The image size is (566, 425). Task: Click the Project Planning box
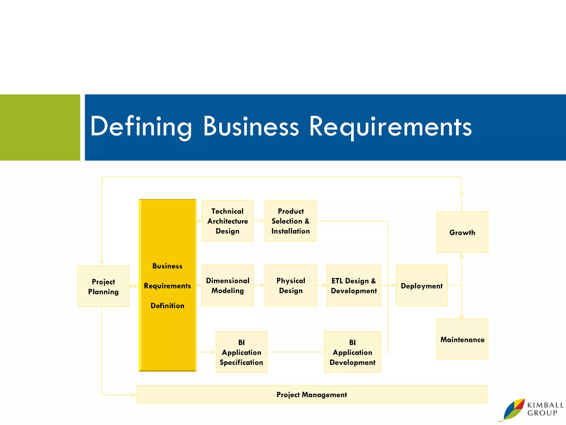[103, 286]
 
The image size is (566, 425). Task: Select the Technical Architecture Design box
[227, 221]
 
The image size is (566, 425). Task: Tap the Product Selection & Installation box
[290, 221]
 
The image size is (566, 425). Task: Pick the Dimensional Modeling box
[227, 285]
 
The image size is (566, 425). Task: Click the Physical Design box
[291, 285]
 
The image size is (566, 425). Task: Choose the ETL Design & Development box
[354, 286]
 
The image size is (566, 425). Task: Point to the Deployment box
[421, 286]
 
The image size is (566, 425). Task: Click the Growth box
[462, 232]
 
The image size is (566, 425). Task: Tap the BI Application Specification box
[241, 352]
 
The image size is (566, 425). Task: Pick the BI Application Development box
[352, 352]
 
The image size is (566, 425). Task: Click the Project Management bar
[311, 394]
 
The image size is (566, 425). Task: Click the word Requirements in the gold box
[167, 286]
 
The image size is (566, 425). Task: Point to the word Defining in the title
[141, 126]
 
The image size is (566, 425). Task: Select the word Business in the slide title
[251, 126]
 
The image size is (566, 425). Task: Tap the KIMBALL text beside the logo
[545, 405]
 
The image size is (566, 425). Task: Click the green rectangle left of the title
[40, 127]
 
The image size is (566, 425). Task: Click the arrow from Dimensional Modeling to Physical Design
[259, 285]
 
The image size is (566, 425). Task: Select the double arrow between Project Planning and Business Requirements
[134, 286]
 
